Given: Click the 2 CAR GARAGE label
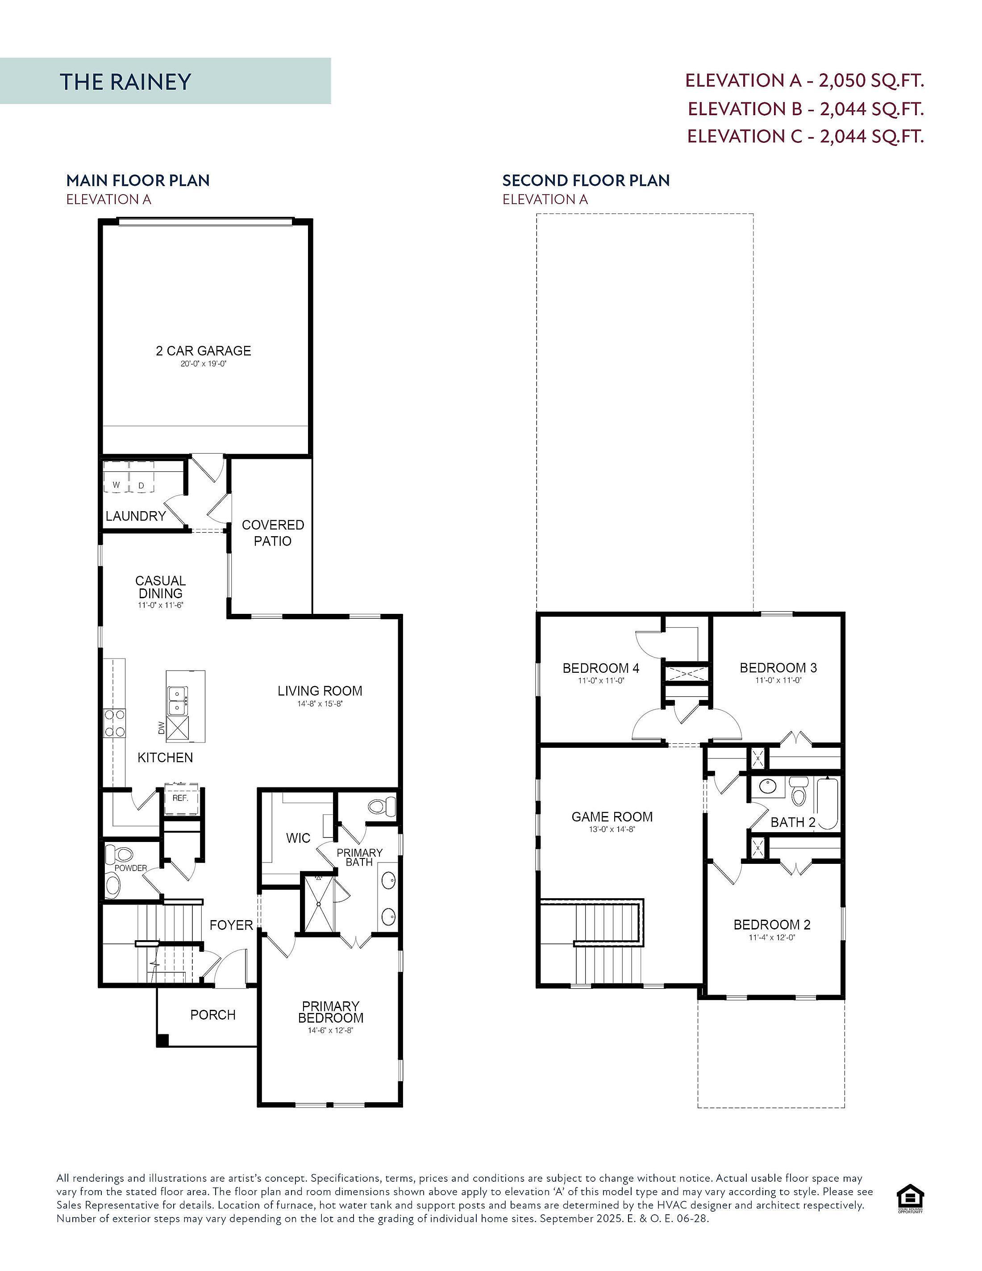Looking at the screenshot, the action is click(x=203, y=350).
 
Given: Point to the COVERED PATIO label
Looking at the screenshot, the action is click(x=273, y=533).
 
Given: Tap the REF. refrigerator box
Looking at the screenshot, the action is click(x=180, y=797).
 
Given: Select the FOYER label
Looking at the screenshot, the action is click(x=231, y=925).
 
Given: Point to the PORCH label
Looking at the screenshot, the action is click(x=213, y=1015).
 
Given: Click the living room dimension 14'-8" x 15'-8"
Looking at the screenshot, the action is click(x=320, y=704).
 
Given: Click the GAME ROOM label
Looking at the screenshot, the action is click(x=612, y=817).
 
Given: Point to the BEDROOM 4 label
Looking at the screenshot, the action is click(x=601, y=668).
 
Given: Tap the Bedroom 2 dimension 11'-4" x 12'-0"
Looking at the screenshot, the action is click(x=772, y=938).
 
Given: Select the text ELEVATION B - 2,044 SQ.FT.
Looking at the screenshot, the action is click(x=806, y=108).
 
